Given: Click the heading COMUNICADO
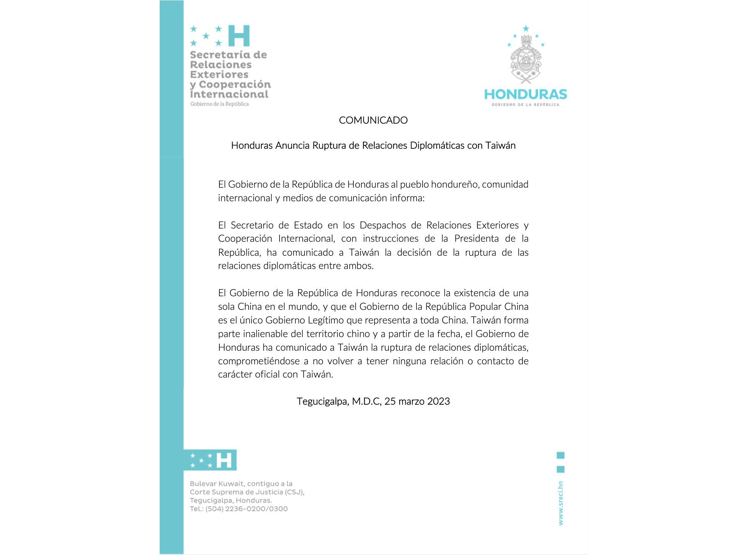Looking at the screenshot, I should point(373,120).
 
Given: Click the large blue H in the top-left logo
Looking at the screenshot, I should point(239,36).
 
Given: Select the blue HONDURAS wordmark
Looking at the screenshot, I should point(525,94).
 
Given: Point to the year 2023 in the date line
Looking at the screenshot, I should point(438,401).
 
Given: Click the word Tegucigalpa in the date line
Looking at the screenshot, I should point(322,402).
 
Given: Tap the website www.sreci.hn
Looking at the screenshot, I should point(561,503).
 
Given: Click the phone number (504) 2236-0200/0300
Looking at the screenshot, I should point(247,509).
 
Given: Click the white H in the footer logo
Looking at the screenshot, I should point(224,460).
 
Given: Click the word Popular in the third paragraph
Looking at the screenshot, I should point(485,307).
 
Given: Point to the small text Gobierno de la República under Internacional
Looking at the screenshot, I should point(219,104).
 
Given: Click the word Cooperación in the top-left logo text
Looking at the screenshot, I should point(235,84).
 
